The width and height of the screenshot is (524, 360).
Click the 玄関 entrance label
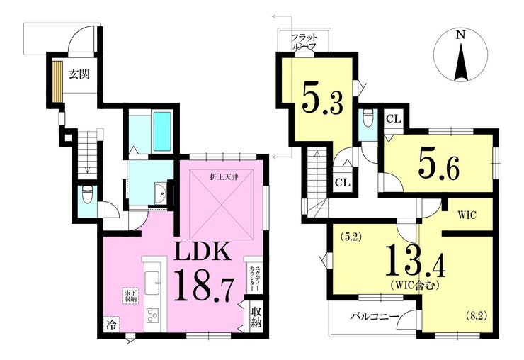point(79,74)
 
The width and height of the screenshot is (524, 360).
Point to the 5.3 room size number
point(322,99)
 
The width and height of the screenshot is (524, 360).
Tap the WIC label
point(467,215)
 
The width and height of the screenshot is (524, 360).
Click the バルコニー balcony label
point(375,317)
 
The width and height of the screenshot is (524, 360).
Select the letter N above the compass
point(461,35)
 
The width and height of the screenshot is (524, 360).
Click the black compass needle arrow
point(461,62)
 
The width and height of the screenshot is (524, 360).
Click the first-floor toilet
point(87,195)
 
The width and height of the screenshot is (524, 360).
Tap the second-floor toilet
point(368,118)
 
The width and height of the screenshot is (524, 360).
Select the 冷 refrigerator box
point(111,324)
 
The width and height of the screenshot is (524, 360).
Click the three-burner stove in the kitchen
point(152,315)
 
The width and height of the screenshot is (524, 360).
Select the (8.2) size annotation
point(477,315)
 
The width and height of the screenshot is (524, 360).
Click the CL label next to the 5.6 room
point(393,118)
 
